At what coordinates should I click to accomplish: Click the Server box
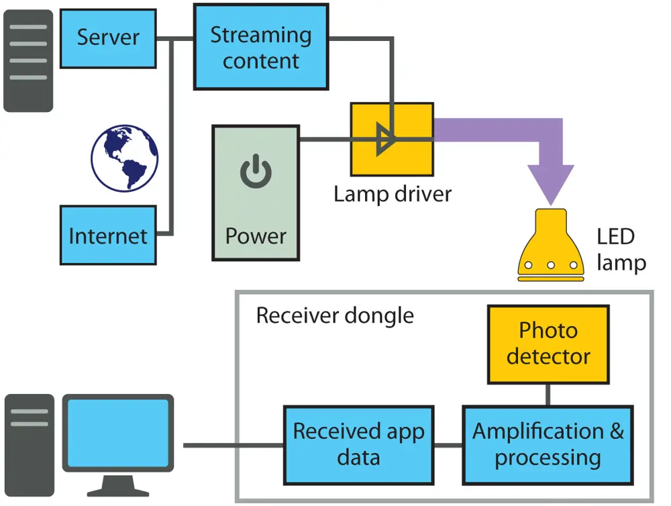pyautogui.click(x=108, y=38)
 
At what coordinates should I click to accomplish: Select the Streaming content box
pyautogui.click(x=261, y=47)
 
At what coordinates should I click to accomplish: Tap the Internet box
pyautogui.click(x=108, y=235)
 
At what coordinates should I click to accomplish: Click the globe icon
pyautogui.click(x=125, y=158)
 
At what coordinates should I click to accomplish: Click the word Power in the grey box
pyautogui.click(x=256, y=236)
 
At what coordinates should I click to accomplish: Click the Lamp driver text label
pyautogui.click(x=393, y=194)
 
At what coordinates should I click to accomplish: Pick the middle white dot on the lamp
pyautogui.click(x=551, y=264)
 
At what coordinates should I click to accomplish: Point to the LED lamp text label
pyautogui.click(x=621, y=249)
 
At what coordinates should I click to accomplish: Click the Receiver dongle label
pyautogui.click(x=335, y=315)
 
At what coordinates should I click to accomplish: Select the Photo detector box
pyautogui.click(x=548, y=344)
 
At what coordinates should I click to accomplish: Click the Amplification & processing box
pyautogui.click(x=548, y=444)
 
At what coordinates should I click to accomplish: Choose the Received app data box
pyautogui.click(x=358, y=444)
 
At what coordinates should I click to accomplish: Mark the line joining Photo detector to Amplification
pyautogui.click(x=548, y=394)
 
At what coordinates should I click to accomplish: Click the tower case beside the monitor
pyautogui.click(x=29, y=446)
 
